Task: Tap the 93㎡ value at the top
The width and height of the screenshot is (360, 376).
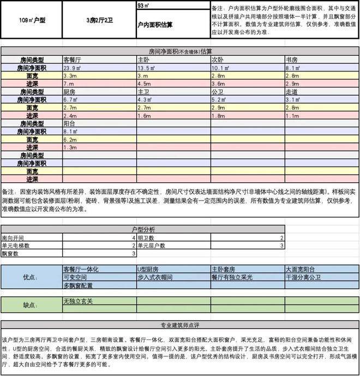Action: pyautogui.click(x=144, y=6)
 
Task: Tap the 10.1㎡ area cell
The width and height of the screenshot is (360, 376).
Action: pyautogui.click(x=220, y=68)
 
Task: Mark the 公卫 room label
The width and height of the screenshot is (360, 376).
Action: pyautogui.click(x=217, y=92)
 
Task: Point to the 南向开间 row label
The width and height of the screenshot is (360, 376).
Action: pyautogui.click(x=14, y=238)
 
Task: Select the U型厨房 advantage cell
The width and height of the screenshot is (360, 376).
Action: pyautogui.click(x=149, y=270)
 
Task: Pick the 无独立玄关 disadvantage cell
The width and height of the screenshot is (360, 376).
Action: pyautogui.click(x=77, y=301)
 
